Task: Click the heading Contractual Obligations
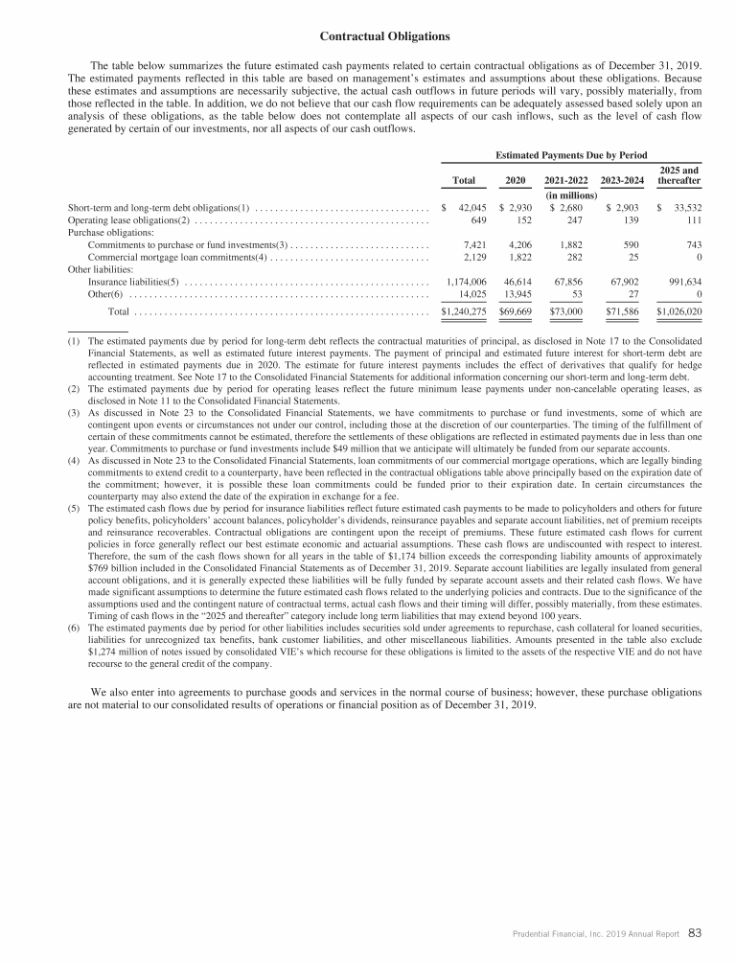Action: (x=383, y=37)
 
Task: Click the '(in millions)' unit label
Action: (x=570, y=195)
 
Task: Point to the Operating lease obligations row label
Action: (x=129, y=220)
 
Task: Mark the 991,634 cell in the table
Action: (x=681, y=283)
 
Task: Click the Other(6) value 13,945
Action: (x=520, y=295)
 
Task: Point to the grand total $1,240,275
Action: (x=463, y=311)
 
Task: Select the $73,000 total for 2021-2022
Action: (x=570, y=311)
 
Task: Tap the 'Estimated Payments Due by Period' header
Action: (x=570, y=154)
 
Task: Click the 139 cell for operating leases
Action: (x=630, y=220)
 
